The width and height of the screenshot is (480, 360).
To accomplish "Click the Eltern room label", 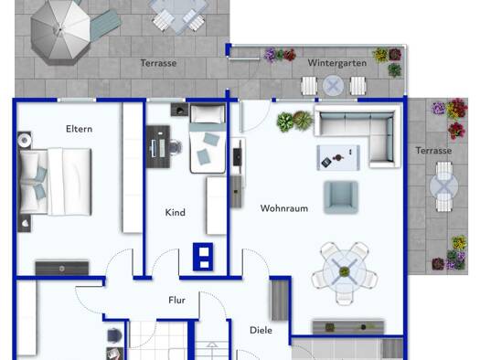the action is click(79, 129).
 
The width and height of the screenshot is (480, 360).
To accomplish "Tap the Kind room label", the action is click(176, 212).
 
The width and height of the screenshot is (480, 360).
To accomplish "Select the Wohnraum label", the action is click(284, 208).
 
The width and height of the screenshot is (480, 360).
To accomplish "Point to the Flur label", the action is click(177, 300).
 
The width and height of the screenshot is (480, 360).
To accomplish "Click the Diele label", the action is click(261, 331).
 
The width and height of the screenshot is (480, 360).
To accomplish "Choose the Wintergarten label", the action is click(337, 63).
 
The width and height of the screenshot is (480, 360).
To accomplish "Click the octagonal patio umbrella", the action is click(60, 30).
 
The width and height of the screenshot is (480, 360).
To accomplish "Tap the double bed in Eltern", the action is click(55, 182).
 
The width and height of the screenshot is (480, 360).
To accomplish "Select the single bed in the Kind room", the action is click(208, 139).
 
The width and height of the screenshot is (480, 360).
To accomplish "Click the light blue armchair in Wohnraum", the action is click(341, 197).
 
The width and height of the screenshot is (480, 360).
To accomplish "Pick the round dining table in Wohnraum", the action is click(345, 271).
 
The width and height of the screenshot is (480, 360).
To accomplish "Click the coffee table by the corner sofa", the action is click(338, 157).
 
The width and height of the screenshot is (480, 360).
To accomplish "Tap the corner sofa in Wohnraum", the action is click(357, 135).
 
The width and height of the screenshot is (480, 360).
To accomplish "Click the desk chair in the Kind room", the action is click(176, 147).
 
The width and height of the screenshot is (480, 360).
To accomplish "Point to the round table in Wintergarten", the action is click(333, 86).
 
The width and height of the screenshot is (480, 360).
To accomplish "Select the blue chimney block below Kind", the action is click(203, 257).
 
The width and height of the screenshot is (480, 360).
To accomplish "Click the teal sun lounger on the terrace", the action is click(105, 25).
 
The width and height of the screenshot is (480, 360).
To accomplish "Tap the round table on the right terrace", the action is click(443, 186).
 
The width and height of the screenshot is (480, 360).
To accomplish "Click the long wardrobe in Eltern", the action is click(133, 167).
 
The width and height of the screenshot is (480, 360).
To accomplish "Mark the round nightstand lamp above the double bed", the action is click(25, 141).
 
